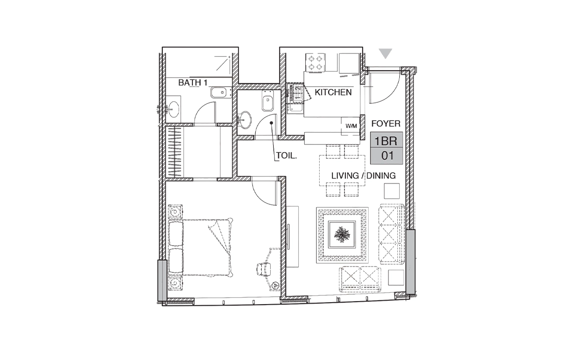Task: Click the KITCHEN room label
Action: pos(333,92)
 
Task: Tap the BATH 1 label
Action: pos(192,83)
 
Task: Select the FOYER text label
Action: pos(386,124)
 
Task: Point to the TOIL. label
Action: pos(286,156)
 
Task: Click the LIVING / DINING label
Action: pos(364,176)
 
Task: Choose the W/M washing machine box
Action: pos(351,126)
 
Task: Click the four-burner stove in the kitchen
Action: pos(315,62)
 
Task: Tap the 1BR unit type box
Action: pos(386,140)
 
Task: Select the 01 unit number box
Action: pos(386,156)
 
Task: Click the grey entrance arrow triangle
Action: pos(386,53)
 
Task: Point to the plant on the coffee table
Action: pos(342,235)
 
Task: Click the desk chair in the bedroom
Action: pos(264,270)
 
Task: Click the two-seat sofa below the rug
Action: pos(360,279)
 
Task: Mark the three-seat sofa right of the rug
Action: pos(391,234)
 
